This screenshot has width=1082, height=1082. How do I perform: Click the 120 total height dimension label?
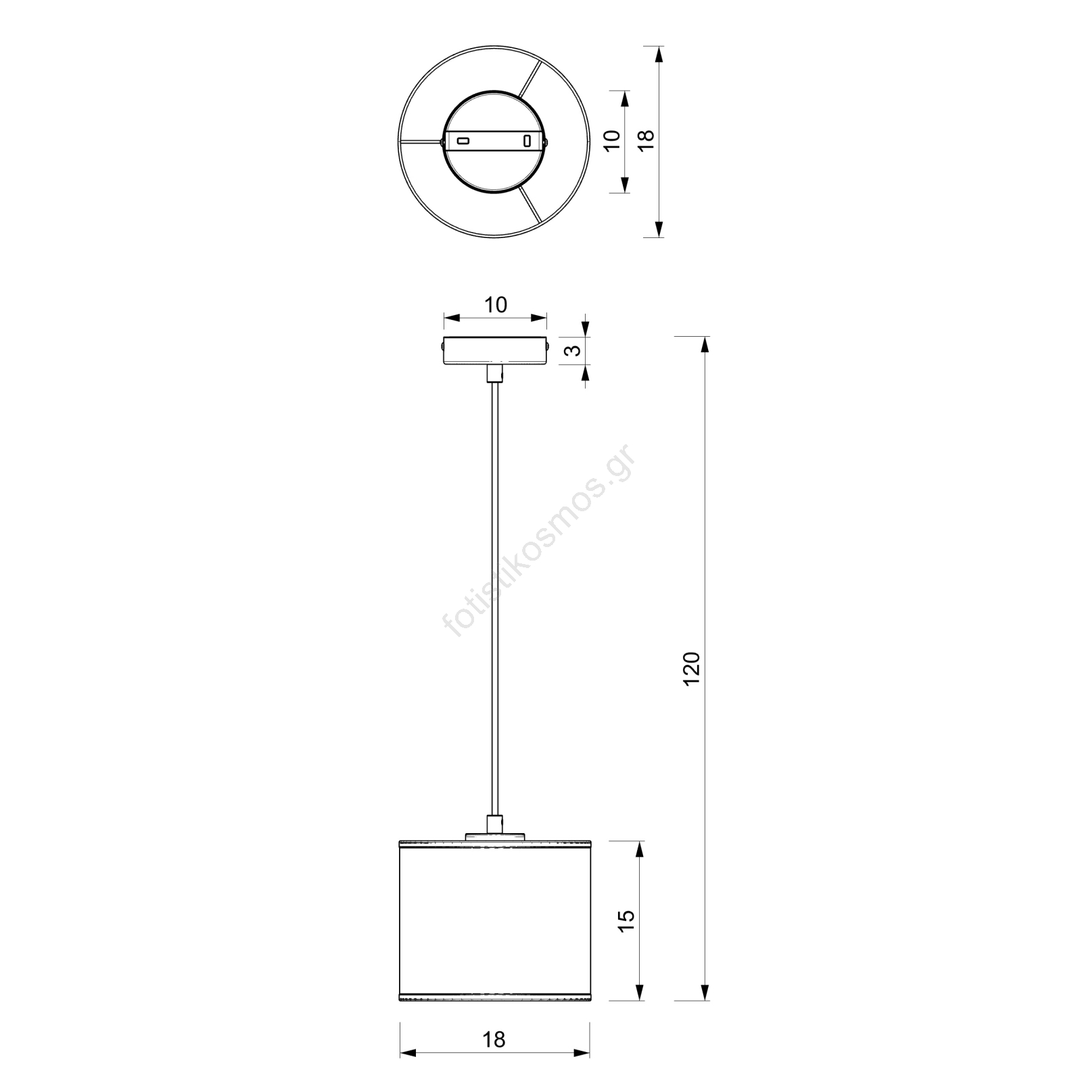pos(691,669)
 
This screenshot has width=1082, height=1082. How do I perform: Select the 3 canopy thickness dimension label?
pos(573,350)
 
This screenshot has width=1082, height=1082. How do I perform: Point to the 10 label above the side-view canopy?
pos(496,305)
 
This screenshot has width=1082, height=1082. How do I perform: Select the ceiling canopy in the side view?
pos(495,352)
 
